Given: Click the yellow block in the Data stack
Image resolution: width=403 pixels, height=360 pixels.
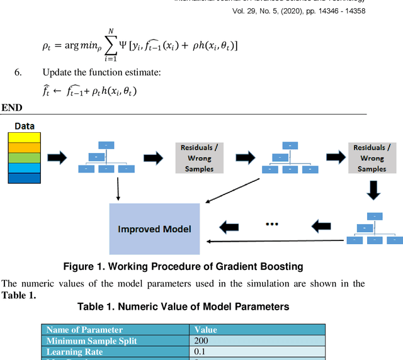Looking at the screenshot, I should (x=25, y=137).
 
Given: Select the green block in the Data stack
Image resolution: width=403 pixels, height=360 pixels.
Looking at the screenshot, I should (x=25, y=157).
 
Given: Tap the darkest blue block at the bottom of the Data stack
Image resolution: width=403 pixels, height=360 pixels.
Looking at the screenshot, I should (x=25, y=177).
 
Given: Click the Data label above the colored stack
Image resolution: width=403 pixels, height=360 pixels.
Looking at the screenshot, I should (x=25, y=126).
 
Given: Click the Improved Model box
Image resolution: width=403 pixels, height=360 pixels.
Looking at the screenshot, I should (x=154, y=228).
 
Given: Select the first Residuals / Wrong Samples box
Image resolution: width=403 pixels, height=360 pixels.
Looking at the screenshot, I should (x=197, y=158).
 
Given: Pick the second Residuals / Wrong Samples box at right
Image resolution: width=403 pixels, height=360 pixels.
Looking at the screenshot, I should (x=372, y=158).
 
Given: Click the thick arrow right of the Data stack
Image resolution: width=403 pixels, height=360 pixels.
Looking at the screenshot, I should (x=57, y=158).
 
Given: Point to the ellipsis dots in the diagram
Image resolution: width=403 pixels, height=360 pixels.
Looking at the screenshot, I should (x=272, y=224).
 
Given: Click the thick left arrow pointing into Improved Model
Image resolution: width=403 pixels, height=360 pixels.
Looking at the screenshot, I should (x=228, y=226).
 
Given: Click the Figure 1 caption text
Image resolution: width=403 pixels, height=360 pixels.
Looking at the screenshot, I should (x=183, y=266).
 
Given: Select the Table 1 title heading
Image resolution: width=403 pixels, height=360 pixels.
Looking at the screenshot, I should (x=183, y=307).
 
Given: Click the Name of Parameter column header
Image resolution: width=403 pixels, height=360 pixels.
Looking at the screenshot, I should (x=84, y=330).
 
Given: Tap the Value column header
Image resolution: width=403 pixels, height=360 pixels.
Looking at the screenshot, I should (x=205, y=330).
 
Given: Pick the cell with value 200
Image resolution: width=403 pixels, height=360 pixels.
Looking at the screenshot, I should (x=201, y=341).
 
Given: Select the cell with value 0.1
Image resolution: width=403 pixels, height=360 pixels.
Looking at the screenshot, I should (x=200, y=352).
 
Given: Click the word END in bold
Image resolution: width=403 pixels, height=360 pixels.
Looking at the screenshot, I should (x=12, y=108).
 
